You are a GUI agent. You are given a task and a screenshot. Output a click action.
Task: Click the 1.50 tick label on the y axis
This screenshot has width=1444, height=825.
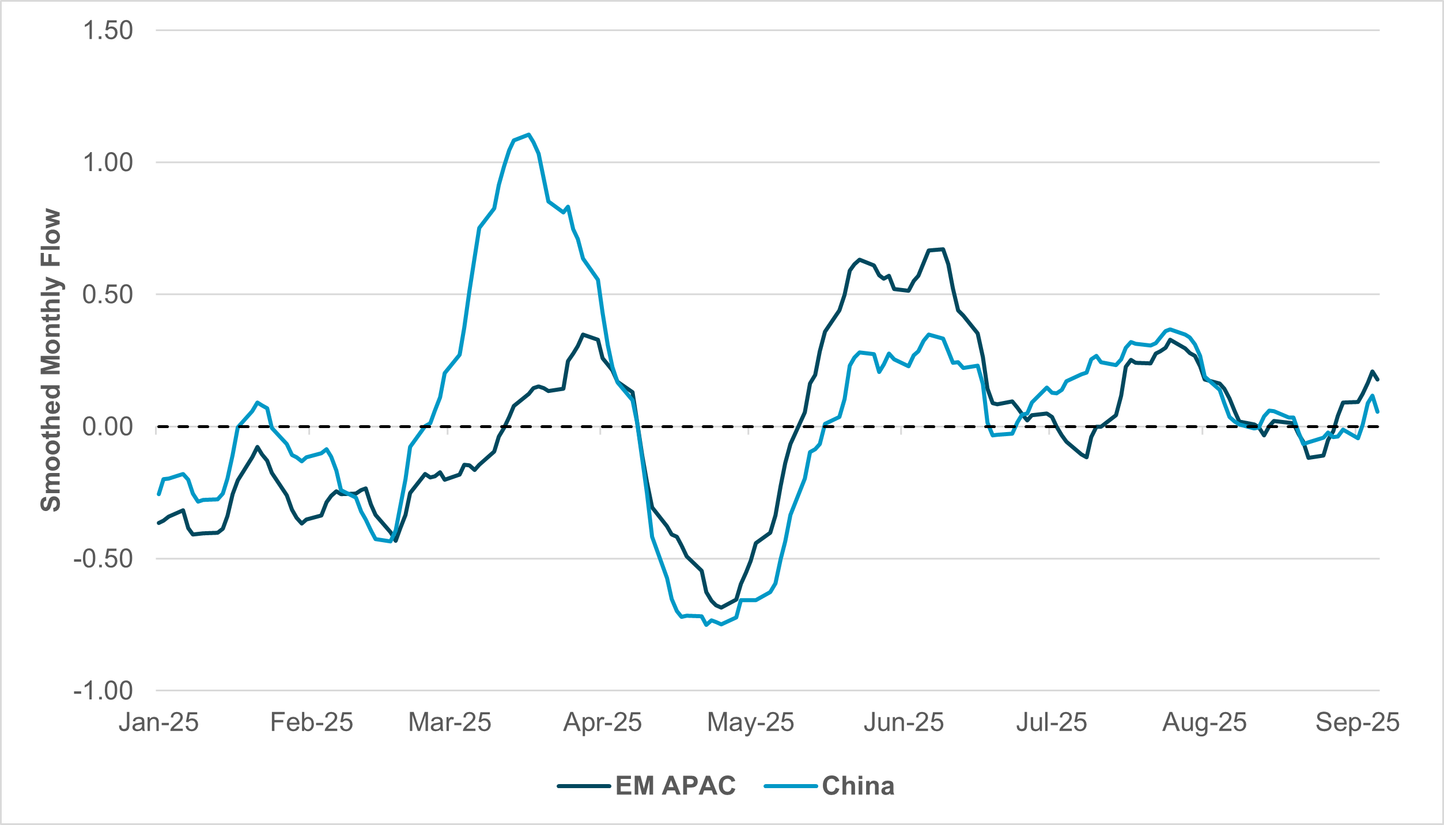[x=108, y=31]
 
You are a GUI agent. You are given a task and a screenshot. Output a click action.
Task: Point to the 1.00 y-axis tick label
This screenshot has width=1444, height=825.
[x=108, y=162]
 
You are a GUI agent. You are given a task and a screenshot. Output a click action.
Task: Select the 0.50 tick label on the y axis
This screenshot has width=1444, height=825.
[x=108, y=294]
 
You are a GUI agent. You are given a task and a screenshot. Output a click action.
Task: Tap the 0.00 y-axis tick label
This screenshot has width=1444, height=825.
[x=108, y=427]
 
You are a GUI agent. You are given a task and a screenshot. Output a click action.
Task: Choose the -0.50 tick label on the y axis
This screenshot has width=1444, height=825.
[x=103, y=559]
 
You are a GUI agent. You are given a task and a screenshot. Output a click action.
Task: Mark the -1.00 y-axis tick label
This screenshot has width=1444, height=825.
[x=103, y=691]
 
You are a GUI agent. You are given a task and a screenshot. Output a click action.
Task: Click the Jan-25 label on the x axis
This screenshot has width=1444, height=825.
[x=158, y=722]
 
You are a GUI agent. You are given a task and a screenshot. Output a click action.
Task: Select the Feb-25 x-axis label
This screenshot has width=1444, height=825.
[x=311, y=722]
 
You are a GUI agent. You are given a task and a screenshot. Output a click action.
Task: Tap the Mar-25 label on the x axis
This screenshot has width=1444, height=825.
[x=449, y=722]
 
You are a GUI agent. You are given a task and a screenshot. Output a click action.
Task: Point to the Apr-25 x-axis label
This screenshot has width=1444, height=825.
[x=602, y=722]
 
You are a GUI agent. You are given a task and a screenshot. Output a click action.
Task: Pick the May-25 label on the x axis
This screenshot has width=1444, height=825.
[x=750, y=722]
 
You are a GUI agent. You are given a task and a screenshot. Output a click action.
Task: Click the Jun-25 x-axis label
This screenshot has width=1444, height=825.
[x=904, y=722]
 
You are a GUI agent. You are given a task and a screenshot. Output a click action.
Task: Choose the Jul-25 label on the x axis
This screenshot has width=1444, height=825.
[x=1051, y=722]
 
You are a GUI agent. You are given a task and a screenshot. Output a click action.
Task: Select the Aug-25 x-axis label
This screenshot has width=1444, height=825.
[x=1204, y=722]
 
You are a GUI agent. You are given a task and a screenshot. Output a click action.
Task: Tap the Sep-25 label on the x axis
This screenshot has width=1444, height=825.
[x=1357, y=722]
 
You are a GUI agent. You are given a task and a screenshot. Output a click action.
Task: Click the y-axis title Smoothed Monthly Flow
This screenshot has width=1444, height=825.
[x=51, y=360]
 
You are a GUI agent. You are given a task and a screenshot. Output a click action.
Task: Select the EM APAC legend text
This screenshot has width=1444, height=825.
[x=675, y=786]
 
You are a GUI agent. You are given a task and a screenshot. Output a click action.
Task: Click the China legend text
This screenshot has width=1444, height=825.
[x=858, y=786]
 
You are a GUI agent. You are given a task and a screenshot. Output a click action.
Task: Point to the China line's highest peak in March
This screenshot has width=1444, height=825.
[x=528, y=134]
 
